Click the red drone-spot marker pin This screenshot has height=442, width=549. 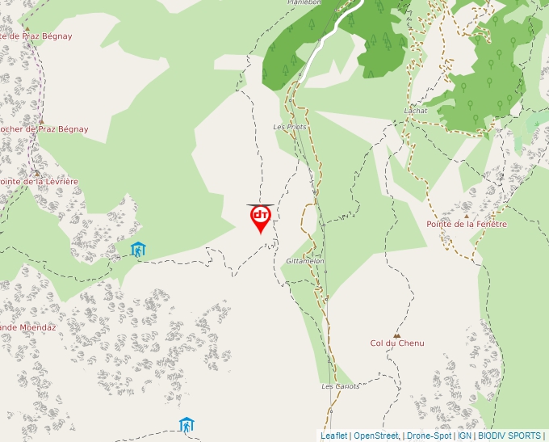[x=260, y=217]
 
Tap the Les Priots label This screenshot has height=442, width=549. [x=290, y=127]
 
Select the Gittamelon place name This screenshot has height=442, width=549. [x=305, y=261]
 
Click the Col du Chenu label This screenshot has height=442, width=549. [x=396, y=343]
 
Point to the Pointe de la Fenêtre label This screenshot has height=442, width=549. [x=467, y=224]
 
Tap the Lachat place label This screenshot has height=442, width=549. [x=416, y=111]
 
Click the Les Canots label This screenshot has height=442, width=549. [x=340, y=386]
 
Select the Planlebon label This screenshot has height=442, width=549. [x=304, y=2]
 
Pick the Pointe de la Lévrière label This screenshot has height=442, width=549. [x=38, y=182]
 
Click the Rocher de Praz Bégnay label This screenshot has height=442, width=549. [x=44, y=129]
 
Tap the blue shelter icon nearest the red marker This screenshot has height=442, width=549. [x=138, y=249]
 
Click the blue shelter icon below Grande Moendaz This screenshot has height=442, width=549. [x=186, y=424]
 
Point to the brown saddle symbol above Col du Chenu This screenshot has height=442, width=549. [x=396, y=335]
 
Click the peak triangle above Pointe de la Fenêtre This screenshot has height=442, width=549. [x=466, y=216]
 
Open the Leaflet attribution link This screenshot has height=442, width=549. [x=333, y=436]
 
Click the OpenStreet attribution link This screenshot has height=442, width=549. [x=375, y=436]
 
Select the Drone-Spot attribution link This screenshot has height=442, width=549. [x=429, y=436]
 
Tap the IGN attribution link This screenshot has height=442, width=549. [x=464, y=436]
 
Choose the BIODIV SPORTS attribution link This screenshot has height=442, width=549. [x=509, y=436]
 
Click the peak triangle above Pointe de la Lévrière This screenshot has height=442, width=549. [x=36, y=173]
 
